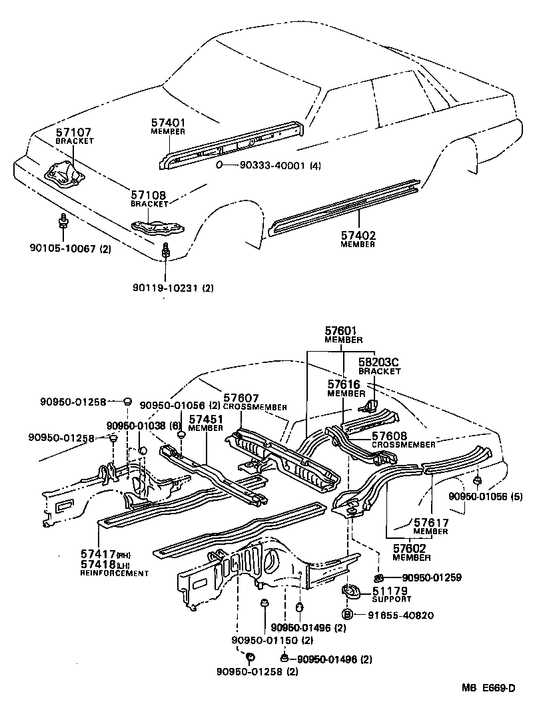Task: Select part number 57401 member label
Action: coord(167,123)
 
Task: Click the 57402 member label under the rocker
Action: coord(358,235)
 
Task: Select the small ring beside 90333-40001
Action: coord(220,165)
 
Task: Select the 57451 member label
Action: coord(205,420)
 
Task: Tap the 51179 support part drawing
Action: coord(350,591)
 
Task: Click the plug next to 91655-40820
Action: coord(347,614)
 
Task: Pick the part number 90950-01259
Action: coord(432,578)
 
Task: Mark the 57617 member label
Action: coord(430,524)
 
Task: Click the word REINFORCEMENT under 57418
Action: coord(115,573)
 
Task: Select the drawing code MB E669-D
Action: coord(491,689)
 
